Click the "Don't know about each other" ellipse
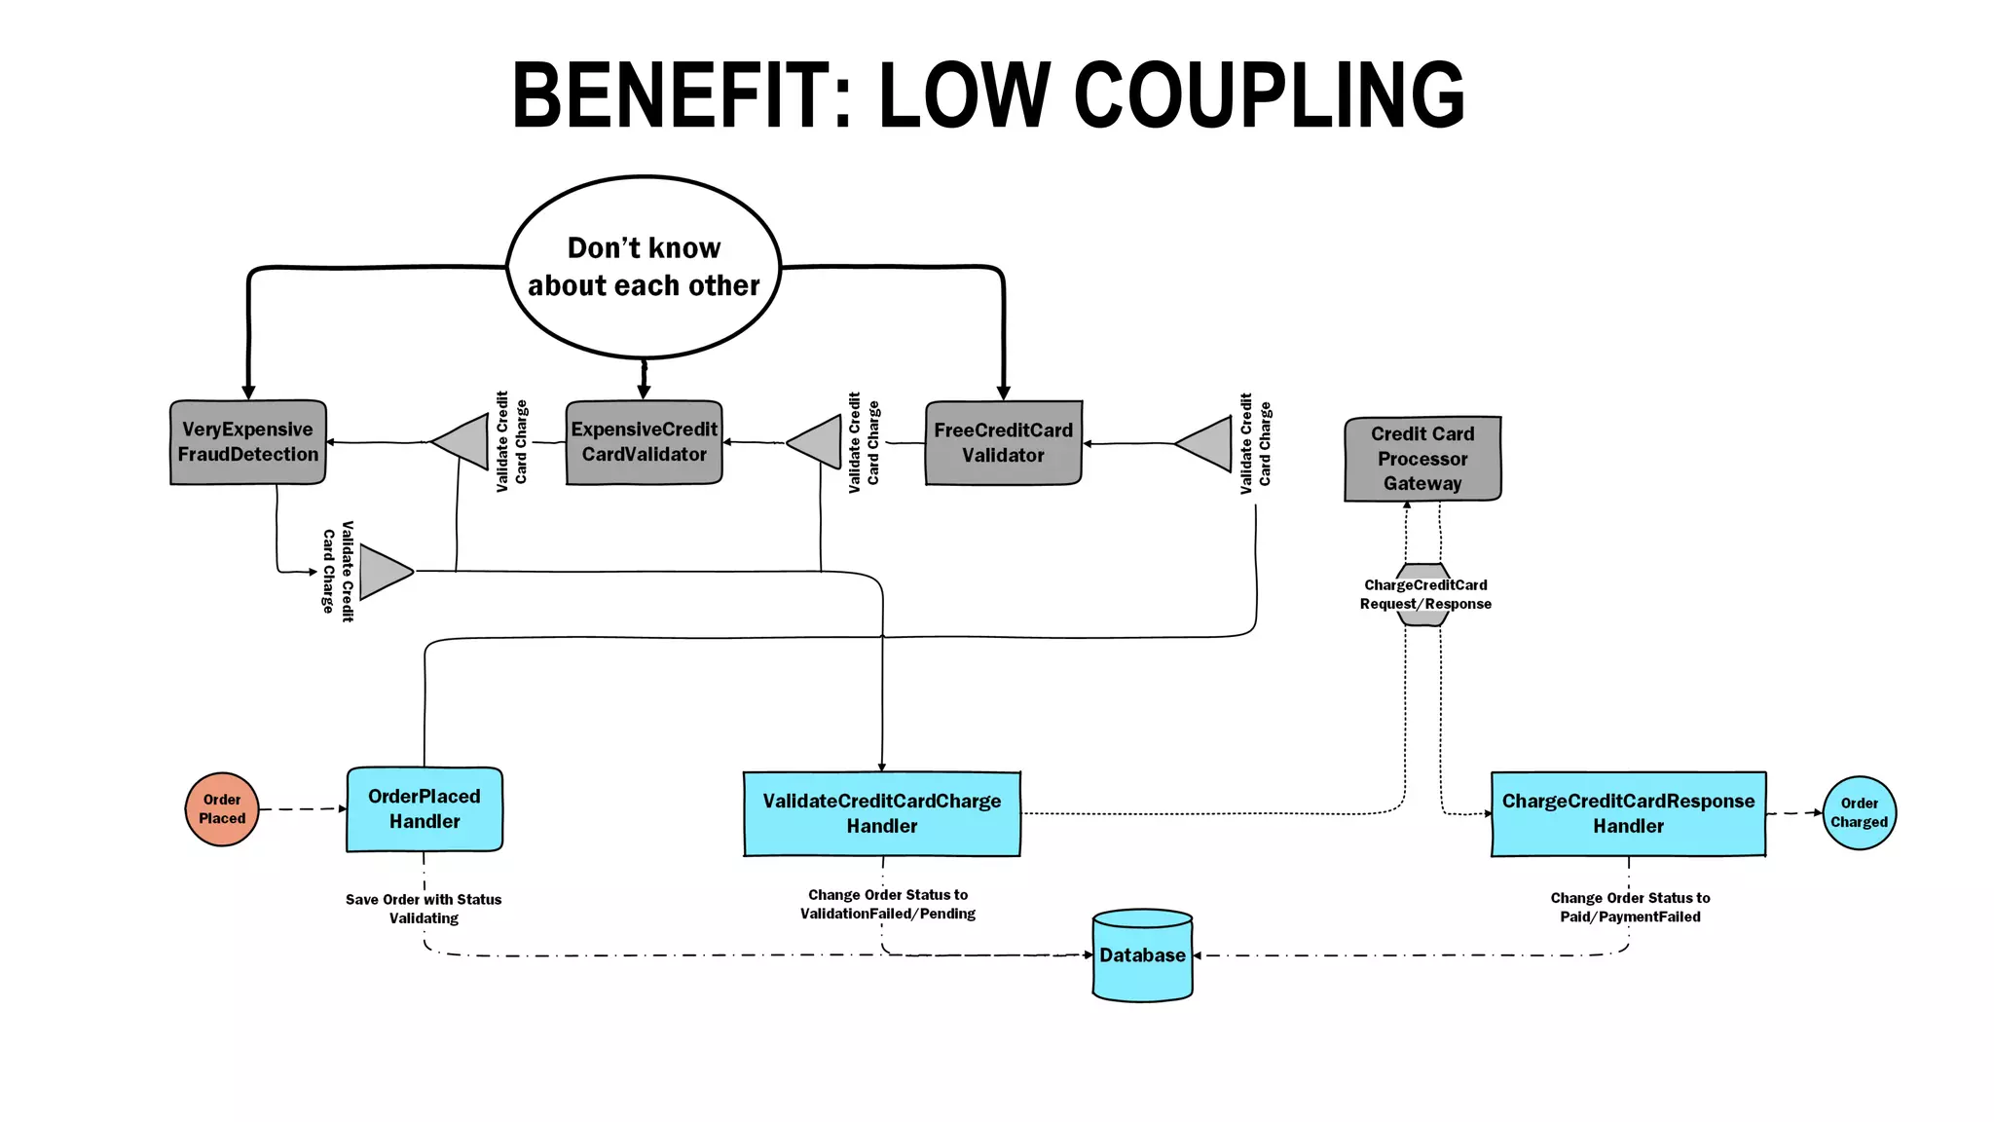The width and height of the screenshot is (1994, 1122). pyautogui.click(x=644, y=267)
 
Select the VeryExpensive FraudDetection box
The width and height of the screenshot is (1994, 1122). pyautogui.click(x=247, y=442)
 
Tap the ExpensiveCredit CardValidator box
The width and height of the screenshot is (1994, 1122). pyautogui.click(x=644, y=442)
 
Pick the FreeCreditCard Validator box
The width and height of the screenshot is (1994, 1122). pyautogui.click(x=1003, y=443)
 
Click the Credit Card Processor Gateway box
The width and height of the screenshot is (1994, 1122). pyautogui.click(x=1422, y=459)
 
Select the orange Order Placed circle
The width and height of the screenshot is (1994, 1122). pyautogui.click(x=222, y=809)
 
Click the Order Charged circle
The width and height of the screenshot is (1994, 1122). pyautogui.click(x=1859, y=813)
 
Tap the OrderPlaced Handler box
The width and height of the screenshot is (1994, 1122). pyautogui.click(x=425, y=809)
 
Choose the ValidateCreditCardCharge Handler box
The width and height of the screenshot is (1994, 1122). pyautogui.click(x=881, y=814)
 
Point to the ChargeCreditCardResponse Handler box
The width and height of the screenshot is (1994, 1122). pyautogui.click(x=1628, y=814)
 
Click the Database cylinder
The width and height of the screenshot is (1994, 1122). pyautogui.click(x=1142, y=955)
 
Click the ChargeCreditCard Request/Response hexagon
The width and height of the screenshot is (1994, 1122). pyautogui.click(x=1424, y=594)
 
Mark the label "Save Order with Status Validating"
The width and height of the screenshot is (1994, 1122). pyautogui.click(x=424, y=909)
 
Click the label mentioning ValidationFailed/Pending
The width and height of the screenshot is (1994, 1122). pyautogui.click(x=888, y=904)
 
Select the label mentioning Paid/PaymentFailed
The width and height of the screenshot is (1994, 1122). pyautogui.click(x=1630, y=907)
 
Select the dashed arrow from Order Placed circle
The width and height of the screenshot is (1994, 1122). pyautogui.click(x=302, y=809)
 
